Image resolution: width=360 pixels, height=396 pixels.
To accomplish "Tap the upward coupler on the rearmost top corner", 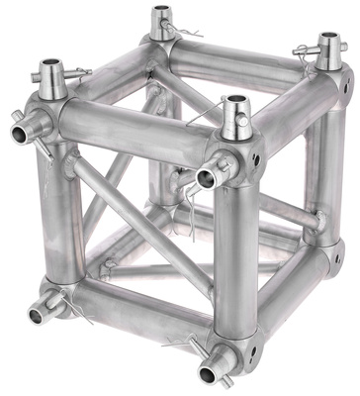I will tap(160, 20).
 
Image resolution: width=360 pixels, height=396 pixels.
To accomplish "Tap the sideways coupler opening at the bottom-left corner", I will tap(39, 316).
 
